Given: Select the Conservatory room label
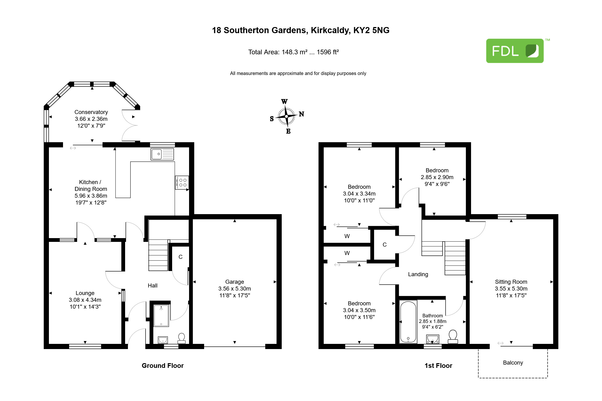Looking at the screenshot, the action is [91, 112].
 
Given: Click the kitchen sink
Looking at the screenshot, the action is [162, 154].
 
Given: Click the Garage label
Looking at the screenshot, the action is [235, 282].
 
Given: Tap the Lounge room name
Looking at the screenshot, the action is [85, 293].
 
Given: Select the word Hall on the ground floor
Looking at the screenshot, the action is [152, 285].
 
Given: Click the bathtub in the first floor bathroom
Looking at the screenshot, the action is [408, 322].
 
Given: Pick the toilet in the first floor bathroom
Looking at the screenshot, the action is [453, 337].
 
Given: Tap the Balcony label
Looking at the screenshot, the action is [513, 363].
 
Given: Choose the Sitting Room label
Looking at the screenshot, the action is [511, 282].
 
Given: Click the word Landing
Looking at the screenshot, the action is [418, 274].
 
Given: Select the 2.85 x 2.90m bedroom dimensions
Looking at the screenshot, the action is [437, 177].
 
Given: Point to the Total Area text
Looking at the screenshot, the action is [293, 52].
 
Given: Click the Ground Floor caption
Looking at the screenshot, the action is [163, 366].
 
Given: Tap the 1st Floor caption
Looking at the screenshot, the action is [438, 366].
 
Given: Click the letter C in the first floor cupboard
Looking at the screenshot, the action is [384, 245].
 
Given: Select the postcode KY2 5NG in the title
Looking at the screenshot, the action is [371, 30].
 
